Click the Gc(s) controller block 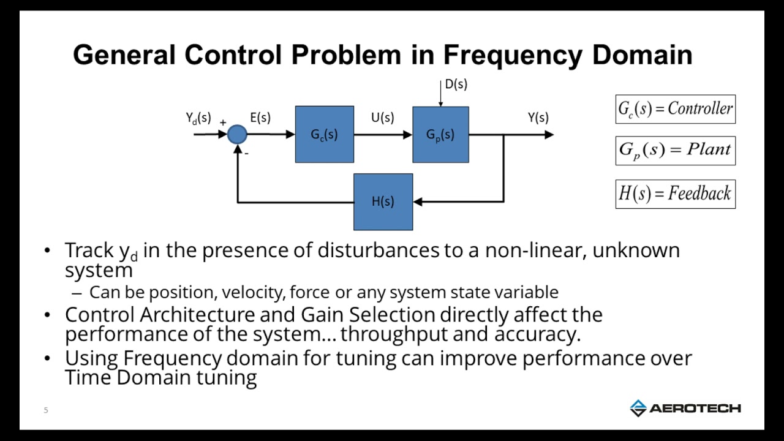[x=324, y=134]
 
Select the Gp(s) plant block [x=440, y=134]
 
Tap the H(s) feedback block [x=383, y=202]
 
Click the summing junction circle [x=237, y=134]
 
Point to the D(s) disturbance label [x=456, y=85]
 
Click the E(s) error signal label [x=260, y=118]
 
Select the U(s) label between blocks [x=383, y=118]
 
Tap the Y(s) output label [x=538, y=118]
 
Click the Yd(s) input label [x=198, y=118]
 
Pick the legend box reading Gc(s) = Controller [x=675, y=109]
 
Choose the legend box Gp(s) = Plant [x=675, y=150]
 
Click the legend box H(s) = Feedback [x=675, y=194]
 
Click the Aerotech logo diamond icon [x=638, y=408]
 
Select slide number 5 [x=46, y=410]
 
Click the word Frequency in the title [x=513, y=55]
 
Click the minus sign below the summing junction [x=246, y=154]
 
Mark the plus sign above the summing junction [x=223, y=123]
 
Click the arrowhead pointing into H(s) [x=418, y=202]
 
